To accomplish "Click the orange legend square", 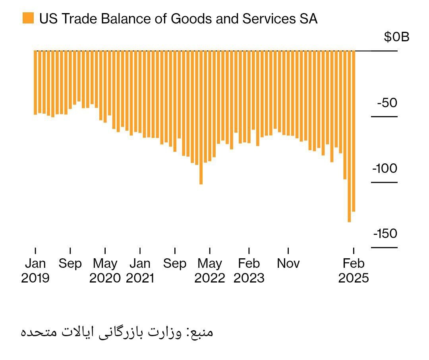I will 28,18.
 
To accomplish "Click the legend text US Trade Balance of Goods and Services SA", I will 178,19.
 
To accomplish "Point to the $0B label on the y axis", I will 396,37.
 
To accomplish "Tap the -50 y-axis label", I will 387,103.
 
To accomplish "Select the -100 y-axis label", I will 385,168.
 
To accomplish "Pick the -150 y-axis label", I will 385,234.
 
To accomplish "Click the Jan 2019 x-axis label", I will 35,271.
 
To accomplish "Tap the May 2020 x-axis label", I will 105,271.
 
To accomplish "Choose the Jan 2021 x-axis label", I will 140,271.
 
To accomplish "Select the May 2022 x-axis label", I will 210,271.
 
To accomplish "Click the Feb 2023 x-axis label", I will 249,271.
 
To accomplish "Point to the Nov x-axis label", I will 288,263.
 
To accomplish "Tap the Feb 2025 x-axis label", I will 354,271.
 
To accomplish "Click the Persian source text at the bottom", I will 117,332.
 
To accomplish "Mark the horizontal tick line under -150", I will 384,248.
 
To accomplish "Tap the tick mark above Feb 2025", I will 354,251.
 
